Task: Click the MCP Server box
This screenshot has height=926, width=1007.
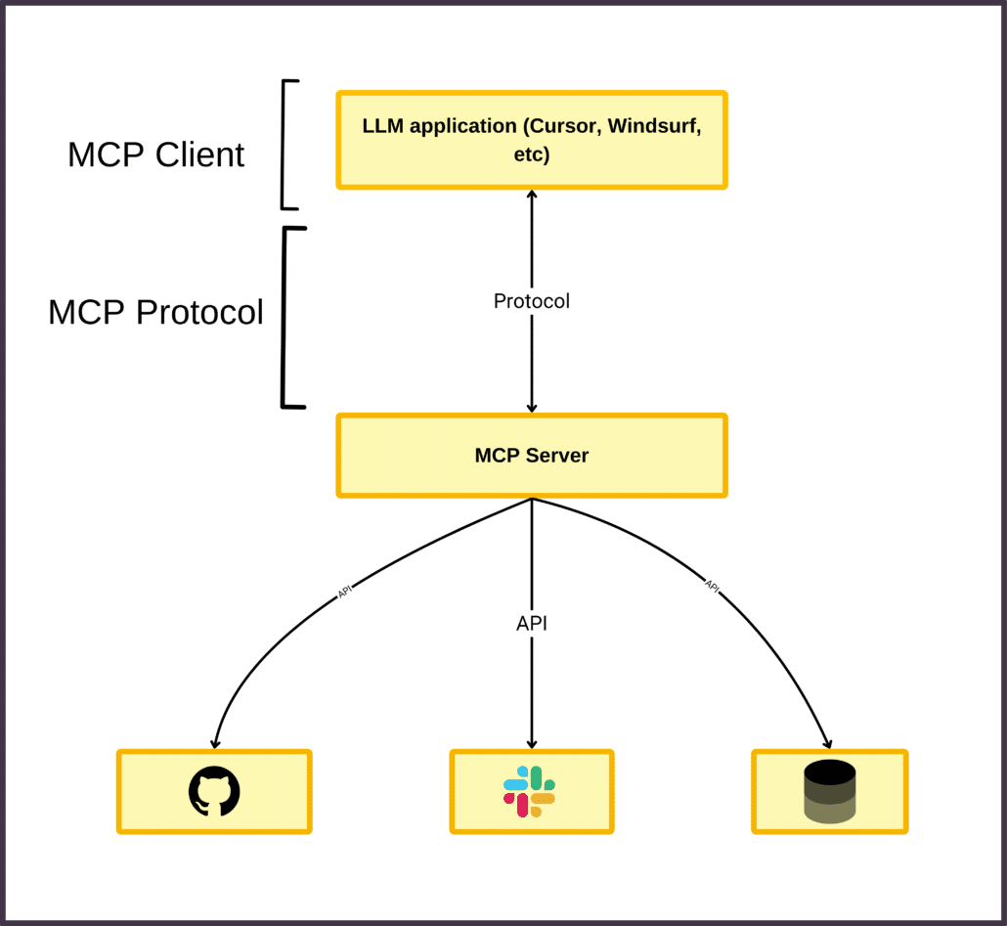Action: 532,456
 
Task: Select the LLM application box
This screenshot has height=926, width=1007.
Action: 532,140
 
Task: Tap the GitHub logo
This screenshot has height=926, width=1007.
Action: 214,791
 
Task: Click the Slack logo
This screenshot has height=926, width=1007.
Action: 530,791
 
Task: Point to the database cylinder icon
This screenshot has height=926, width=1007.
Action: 829,791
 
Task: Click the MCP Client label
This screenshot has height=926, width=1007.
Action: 155,154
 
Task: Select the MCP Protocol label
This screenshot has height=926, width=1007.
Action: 155,312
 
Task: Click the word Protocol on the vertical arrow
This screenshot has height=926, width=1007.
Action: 532,301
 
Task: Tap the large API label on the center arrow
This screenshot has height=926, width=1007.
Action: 532,623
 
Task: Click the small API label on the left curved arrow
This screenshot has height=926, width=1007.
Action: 344,593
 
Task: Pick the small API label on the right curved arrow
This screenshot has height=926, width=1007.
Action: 712,587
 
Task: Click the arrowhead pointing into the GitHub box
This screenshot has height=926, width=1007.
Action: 215,742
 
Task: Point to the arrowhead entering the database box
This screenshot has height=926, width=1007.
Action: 827,743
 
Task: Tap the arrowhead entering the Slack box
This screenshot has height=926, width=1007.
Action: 532,743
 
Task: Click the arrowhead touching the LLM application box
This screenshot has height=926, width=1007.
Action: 532,196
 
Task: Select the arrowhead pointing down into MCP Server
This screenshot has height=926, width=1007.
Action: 532,407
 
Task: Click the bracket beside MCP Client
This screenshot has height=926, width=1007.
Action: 285,145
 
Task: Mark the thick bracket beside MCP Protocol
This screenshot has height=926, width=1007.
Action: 286,317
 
